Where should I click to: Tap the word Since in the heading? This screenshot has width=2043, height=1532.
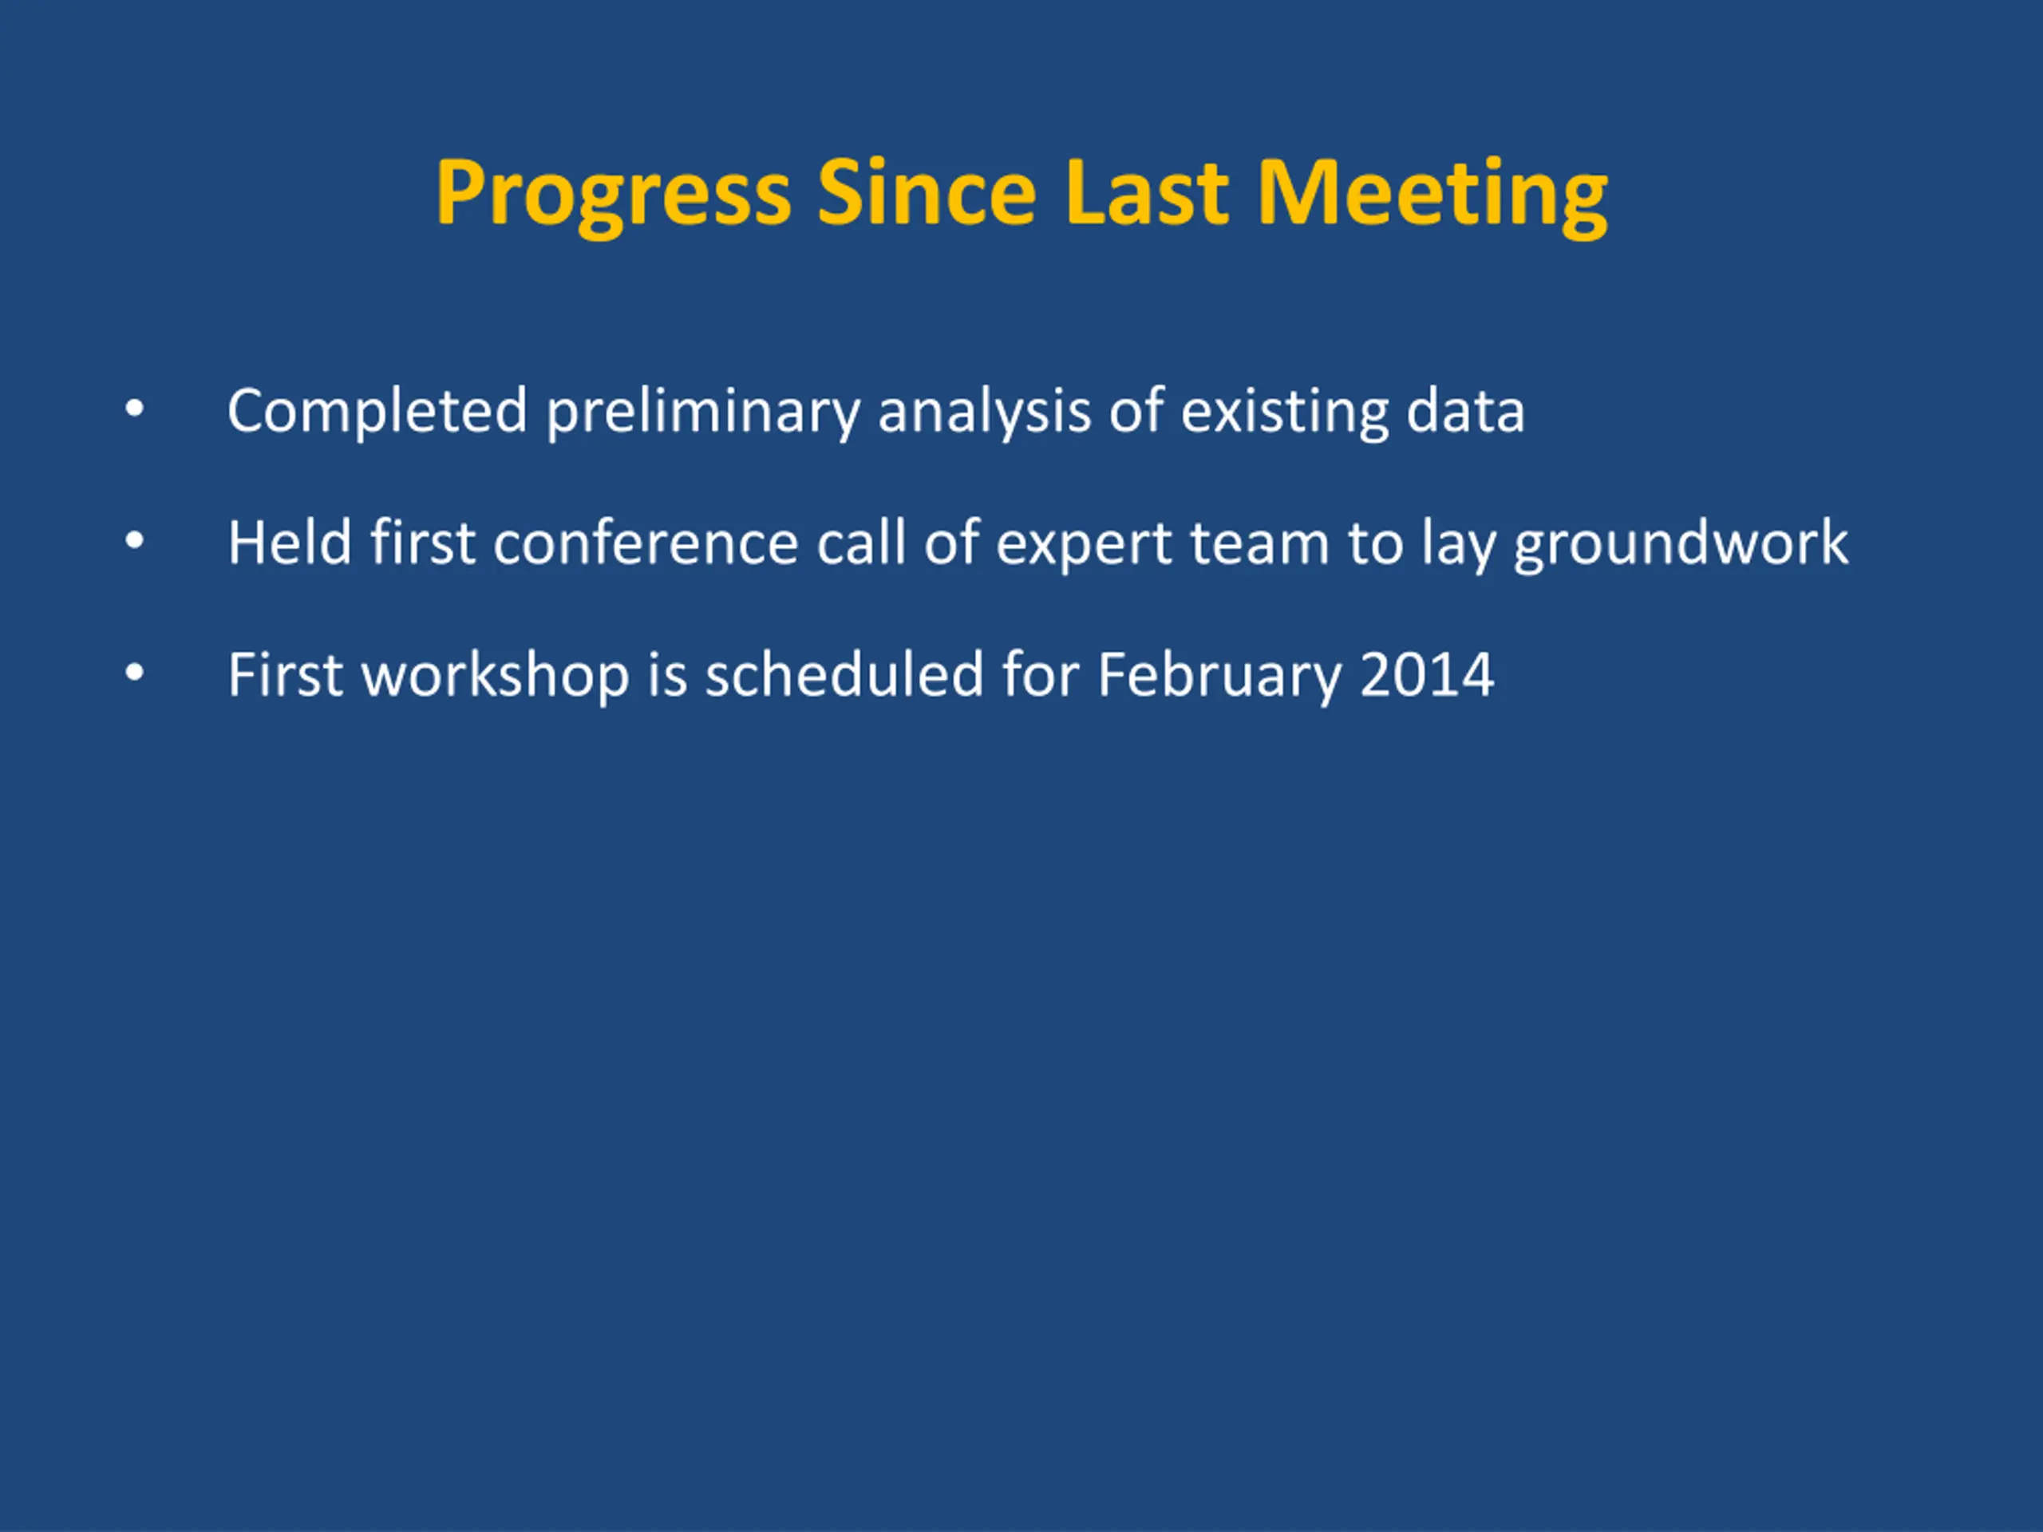click(x=927, y=192)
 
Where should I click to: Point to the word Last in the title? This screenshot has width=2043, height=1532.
click(x=1147, y=192)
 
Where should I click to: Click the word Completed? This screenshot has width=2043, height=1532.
click(x=377, y=412)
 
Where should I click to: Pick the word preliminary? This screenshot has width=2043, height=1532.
click(x=703, y=412)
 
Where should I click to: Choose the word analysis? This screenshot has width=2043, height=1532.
click(x=985, y=412)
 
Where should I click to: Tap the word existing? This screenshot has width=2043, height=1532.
click(x=1285, y=412)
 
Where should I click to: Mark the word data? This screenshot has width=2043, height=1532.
click(x=1466, y=410)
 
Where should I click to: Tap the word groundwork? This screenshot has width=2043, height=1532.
click(x=1681, y=544)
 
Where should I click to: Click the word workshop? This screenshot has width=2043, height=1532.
click(x=495, y=676)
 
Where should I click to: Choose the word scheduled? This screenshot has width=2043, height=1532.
click(x=844, y=674)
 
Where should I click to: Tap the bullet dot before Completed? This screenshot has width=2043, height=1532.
click(x=134, y=409)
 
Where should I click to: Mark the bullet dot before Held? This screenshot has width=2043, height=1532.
click(x=134, y=541)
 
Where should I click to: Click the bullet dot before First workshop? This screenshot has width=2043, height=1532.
click(x=134, y=673)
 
